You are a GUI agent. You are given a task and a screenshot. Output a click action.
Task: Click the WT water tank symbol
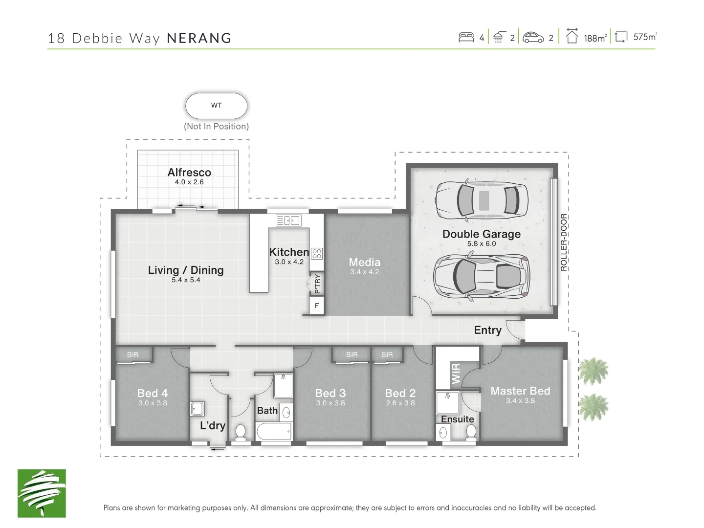(x=216, y=106)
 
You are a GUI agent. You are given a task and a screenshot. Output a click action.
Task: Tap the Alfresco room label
(x=189, y=172)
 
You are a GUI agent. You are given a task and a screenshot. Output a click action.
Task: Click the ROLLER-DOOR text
(x=564, y=242)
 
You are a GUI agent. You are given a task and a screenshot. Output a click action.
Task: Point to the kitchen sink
(x=288, y=220)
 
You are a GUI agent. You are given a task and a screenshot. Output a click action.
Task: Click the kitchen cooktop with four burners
(x=317, y=254)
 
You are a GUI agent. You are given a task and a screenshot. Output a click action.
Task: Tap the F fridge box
(x=317, y=306)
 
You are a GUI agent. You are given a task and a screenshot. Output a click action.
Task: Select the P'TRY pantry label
(x=317, y=284)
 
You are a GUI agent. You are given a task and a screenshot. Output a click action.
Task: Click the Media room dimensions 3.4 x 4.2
(x=364, y=272)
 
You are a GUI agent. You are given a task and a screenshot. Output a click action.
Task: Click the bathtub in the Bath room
(x=274, y=431)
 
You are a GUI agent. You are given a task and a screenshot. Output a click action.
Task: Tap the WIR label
(x=456, y=373)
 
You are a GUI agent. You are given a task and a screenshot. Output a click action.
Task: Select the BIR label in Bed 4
(x=132, y=355)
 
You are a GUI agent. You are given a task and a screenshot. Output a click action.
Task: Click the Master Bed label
(x=520, y=391)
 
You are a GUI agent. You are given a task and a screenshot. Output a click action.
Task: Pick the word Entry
(x=487, y=330)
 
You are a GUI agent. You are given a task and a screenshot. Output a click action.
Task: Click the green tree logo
(x=42, y=493)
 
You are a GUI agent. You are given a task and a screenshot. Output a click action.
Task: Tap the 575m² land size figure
(x=644, y=37)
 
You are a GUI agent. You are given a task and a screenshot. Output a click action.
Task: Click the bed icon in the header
(x=466, y=37)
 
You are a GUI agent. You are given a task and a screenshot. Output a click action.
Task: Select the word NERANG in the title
(x=199, y=38)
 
